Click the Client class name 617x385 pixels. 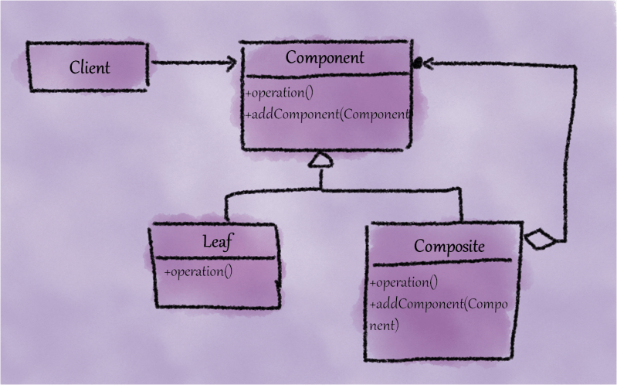(90, 67)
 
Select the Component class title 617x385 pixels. (324, 57)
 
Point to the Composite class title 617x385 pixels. (449, 247)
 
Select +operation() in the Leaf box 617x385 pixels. (198, 271)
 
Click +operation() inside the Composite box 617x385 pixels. (404, 282)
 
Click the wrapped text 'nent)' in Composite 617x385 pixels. (385, 325)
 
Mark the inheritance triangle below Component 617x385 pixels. (320, 160)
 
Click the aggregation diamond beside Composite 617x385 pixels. (540, 241)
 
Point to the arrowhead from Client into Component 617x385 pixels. (229, 63)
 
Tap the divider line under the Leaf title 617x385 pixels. (216, 257)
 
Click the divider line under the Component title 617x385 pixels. (324, 76)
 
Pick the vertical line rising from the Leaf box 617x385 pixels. (225, 210)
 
